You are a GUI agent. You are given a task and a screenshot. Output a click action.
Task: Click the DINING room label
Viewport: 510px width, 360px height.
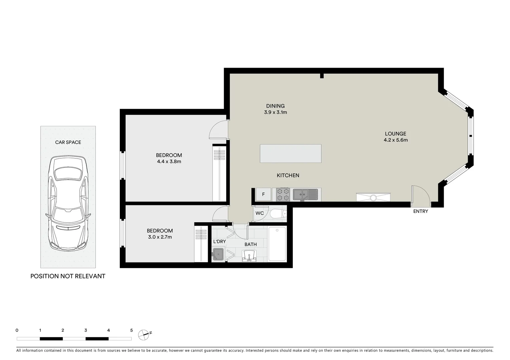click(275, 106)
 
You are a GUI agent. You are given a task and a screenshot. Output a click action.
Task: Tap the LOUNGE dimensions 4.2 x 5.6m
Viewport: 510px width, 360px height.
click(396, 140)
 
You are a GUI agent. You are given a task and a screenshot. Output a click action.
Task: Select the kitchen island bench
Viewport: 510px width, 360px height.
click(291, 153)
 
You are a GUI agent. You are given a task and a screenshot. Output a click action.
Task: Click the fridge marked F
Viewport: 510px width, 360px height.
click(264, 194)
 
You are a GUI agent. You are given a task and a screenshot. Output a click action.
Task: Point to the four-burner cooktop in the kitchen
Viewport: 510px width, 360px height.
click(283, 195)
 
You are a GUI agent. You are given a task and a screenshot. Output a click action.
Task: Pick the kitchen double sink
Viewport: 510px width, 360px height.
click(305, 194)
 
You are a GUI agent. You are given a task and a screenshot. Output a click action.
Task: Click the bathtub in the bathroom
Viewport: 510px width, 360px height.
click(277, 244)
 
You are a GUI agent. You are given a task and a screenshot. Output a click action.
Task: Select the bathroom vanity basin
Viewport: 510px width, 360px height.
click(249, 256)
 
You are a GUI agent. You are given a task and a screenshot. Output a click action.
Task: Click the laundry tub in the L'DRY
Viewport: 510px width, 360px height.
click(218, 254)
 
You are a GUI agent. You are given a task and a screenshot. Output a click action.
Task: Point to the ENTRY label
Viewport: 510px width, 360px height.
click(420, 211)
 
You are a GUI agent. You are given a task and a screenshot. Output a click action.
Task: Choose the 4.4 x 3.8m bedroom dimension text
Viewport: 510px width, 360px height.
click(169, 162)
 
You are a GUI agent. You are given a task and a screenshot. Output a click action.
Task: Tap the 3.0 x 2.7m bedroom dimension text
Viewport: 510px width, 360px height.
click(160, 237)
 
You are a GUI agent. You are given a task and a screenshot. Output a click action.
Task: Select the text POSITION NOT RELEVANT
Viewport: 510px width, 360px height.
click(68, 276)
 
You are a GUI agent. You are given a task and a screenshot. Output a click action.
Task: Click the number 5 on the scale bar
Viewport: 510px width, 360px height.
click(131, 330)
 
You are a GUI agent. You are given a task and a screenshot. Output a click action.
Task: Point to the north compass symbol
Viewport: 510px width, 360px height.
click(144, 334)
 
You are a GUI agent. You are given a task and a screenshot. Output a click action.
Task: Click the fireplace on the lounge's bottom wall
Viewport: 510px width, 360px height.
click(373, 197)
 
